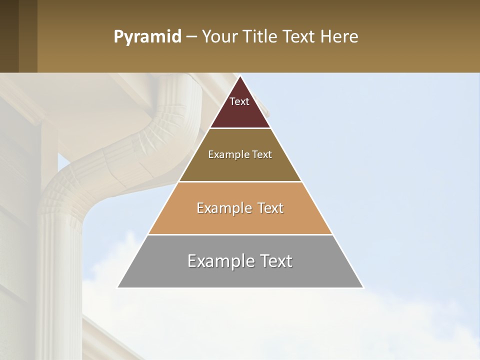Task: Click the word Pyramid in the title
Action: click(147, 37)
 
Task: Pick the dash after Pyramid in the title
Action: click(191, 37)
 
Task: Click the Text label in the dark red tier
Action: click(239, 101)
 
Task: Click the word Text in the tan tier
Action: click(270, 208)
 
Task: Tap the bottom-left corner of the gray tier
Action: click(118, 287)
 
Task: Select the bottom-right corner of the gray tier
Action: click(363, 287)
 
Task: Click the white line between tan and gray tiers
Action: click(240, 234)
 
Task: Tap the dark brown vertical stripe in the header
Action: click(28, 36)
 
